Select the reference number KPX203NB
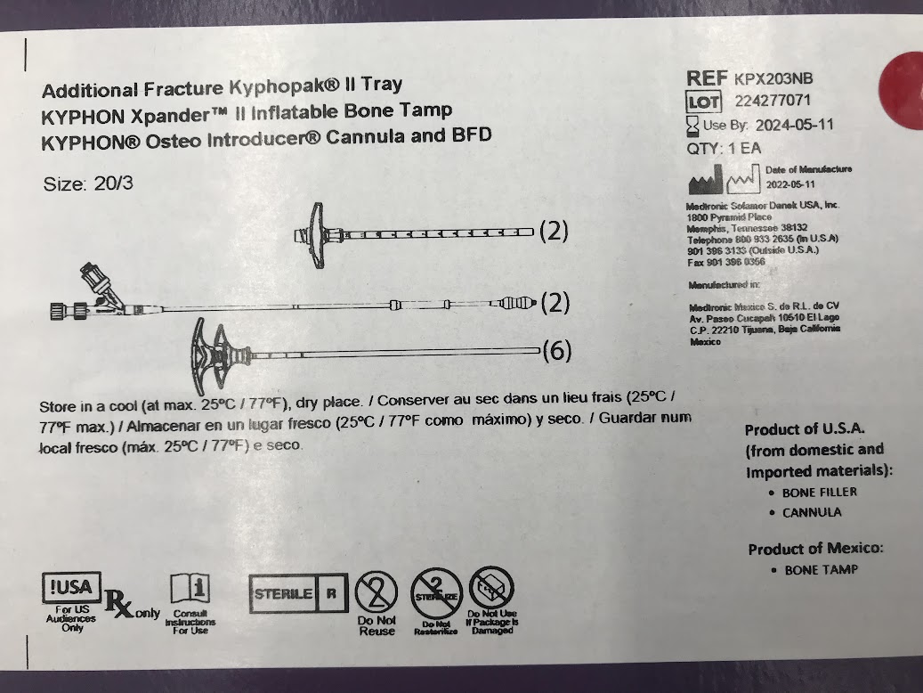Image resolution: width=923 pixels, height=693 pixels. pyautogui.click(x=773, y=79)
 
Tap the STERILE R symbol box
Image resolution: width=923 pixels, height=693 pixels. pyautogui.click(x=296, y=594)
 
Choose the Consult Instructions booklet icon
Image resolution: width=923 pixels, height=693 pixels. pyautogui.click(x=190, y=591)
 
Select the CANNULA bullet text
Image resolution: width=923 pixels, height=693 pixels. pyautogui.click(x=812, y=512)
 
